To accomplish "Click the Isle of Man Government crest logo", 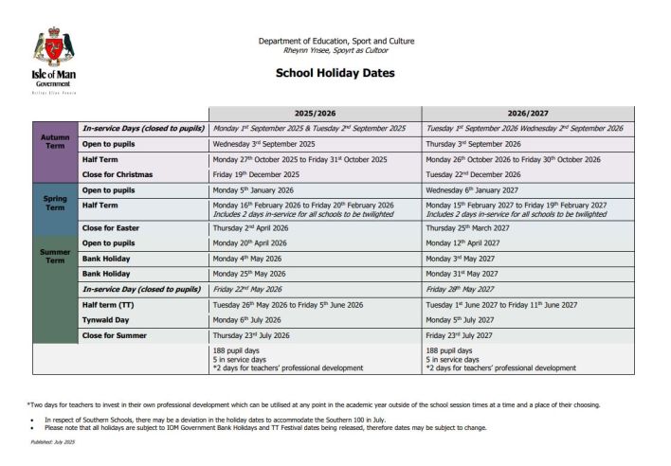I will point(52,47).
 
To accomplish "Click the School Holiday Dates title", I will point(335,73).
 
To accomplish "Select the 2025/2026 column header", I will point(316,113).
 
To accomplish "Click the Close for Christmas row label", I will point(117,174).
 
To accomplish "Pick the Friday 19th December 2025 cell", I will point(256,174).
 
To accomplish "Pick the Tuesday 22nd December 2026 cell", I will point(473,174).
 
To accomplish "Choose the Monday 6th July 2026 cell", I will point(249,319).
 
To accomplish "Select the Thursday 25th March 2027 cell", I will point(470,227).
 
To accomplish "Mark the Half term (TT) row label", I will point(114,304).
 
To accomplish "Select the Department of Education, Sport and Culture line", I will point(335,41).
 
